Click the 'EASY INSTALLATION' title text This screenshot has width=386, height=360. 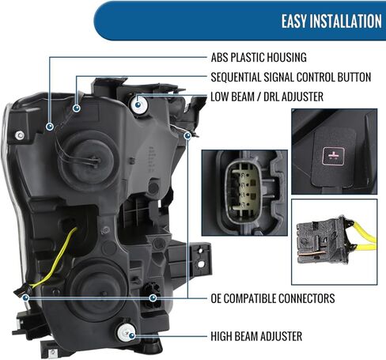pyautogui.click(x=331, y=21)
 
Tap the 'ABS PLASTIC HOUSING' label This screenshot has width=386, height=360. pyautogui.click(x=259, y=58)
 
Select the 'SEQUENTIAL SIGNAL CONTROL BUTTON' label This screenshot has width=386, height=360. pyautogui.click(x=291, y=77)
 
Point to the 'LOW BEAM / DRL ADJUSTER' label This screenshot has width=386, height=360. pyautogui.click(x=267, y=97)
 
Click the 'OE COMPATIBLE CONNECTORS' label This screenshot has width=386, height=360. pyautogui.click(x=273, y=298)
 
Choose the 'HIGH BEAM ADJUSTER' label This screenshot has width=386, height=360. pyautogui.click(x=256, y=336)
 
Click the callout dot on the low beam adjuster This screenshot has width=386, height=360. pyautogui.click(x=138, y=104)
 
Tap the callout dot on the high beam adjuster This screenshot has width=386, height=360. pyautogui.click(x=131, y=335)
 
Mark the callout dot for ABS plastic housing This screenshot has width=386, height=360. pyautogui.click(x=50, y=127)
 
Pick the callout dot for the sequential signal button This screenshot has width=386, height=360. pyautogui.click(x=77, y=108)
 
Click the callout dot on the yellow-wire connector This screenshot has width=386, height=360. pyautogui.click(x=25, y=298)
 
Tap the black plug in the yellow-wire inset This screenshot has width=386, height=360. pyautogui.click(x=322, y=241)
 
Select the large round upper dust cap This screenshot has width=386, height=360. pyautogui.click(x=88, y=160)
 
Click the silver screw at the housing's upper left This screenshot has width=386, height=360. pyautogui.click(x=20, y=135)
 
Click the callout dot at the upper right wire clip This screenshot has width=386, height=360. pyautogui.click(x=187, y=136)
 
